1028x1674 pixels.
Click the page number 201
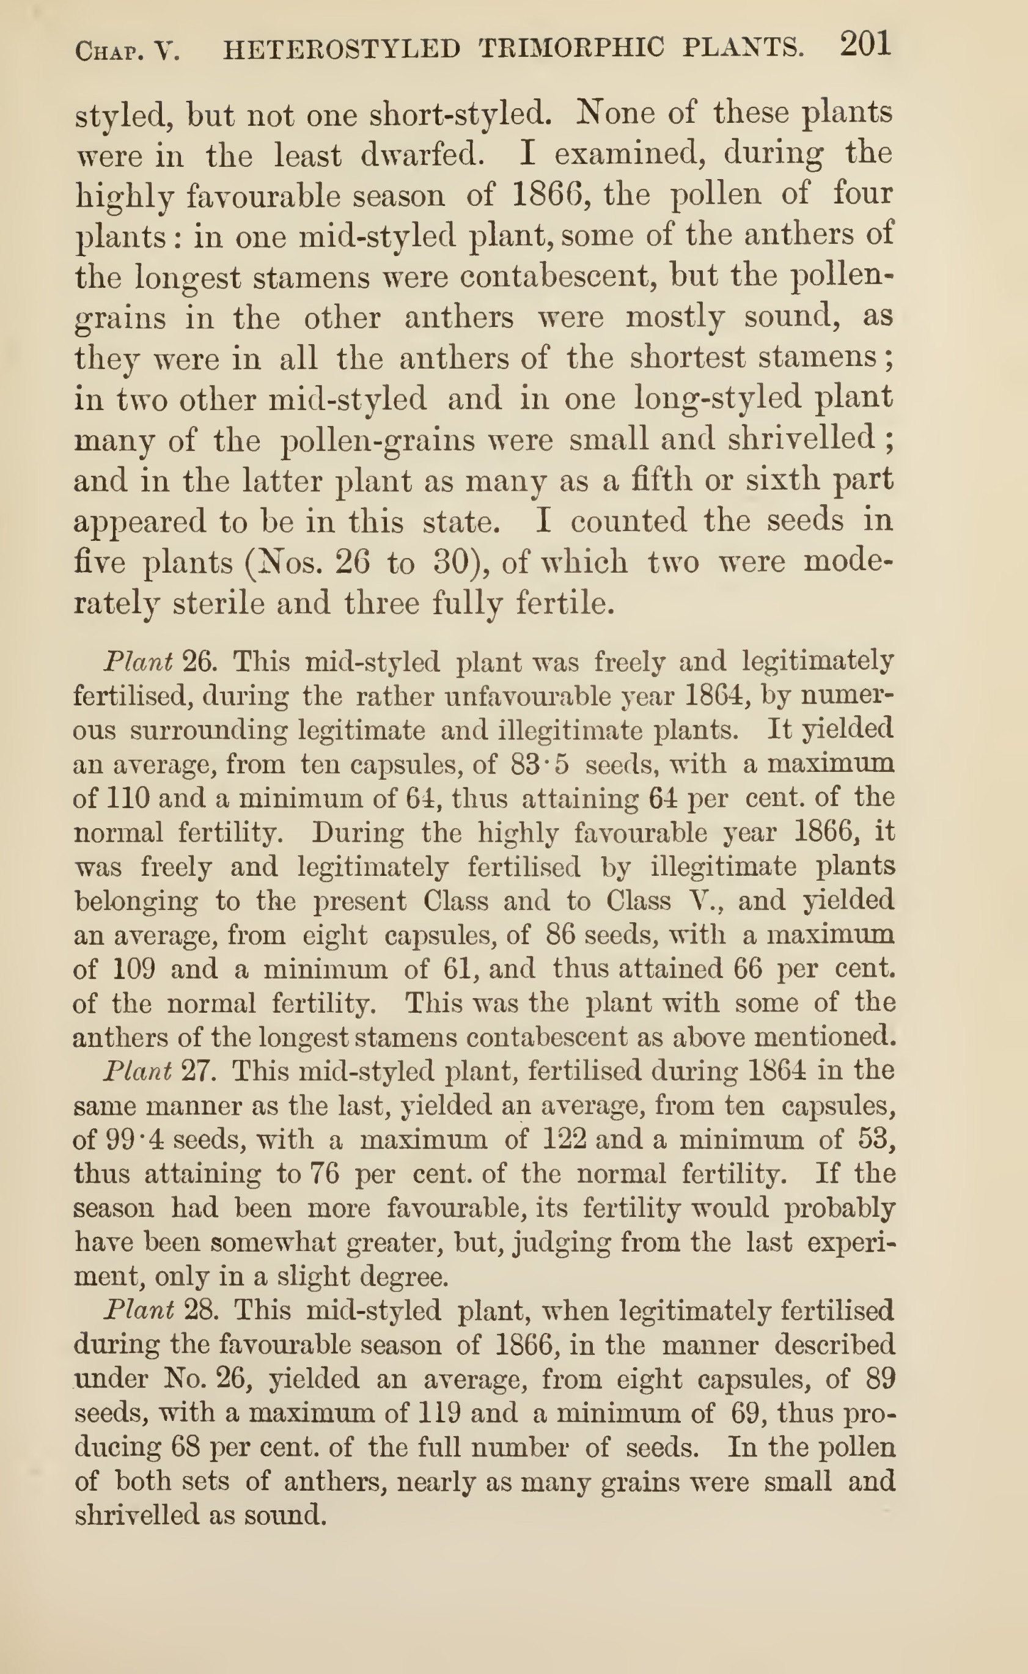coord(865,46)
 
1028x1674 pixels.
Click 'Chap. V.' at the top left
coord(127,51)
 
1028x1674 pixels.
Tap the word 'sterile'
coord(218,603)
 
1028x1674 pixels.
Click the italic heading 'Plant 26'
coord(158,661)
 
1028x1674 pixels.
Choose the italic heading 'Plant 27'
coord(158,1071)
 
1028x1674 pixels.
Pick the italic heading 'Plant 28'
coord(159,1310)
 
